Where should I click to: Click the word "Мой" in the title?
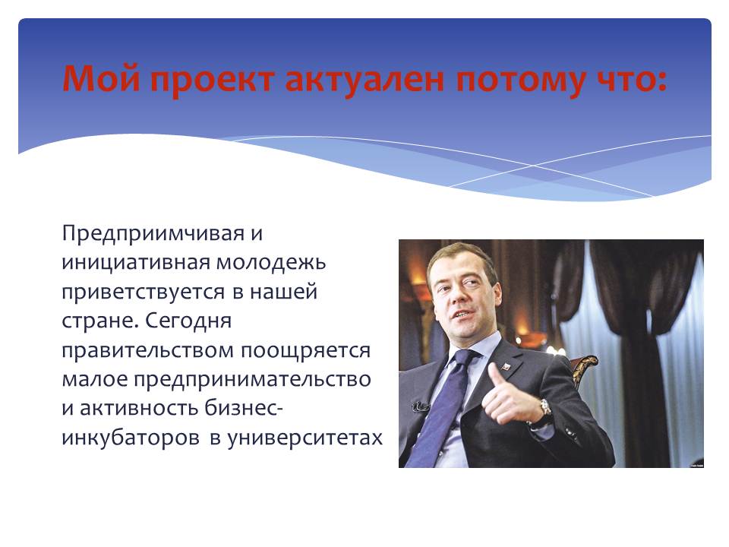point(101,77)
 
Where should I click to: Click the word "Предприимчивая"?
point(153,233)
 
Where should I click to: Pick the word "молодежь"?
point(271,262)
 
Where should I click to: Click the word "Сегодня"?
point(188,321)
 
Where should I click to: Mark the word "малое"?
point(94,379)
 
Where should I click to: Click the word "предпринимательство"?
point(252,380)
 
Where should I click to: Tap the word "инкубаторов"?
point(131,438)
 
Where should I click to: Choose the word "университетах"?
point(305,438)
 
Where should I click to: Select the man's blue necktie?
point(442,405)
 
